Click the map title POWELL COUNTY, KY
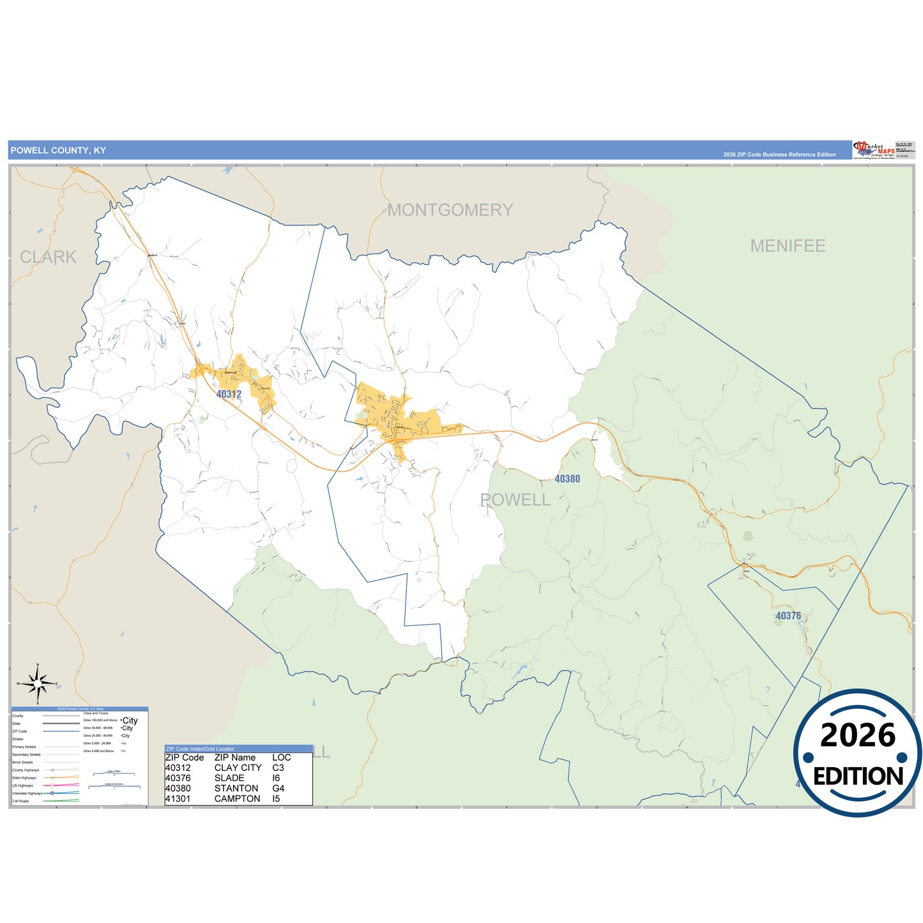(x=58, y=151)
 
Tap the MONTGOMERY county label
(x=450, y=210)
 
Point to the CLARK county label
(x=48, y=257)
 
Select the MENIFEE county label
(x=788, y=246)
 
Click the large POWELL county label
(x=515, y=500)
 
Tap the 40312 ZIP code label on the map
(x=229, y=394)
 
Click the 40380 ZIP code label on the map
(x=567, y=479)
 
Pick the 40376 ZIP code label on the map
(x=788, y=616)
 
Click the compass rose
(x=38, y=684)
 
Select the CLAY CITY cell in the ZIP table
(x=238, y=768)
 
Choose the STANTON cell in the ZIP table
(x=236, y=788)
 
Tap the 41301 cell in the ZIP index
(x=178, y=798)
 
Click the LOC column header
(x=281, y=758)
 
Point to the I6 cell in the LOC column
(x=276, y=778)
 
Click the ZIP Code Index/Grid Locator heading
(x=200, y=749)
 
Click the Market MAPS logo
(x=873, y=150)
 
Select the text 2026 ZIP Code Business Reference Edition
(x=779, y=155)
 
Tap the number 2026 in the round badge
(x=858, y=736)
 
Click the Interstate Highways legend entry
(x=27, y=793)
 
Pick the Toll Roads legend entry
(x=20, y=801)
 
